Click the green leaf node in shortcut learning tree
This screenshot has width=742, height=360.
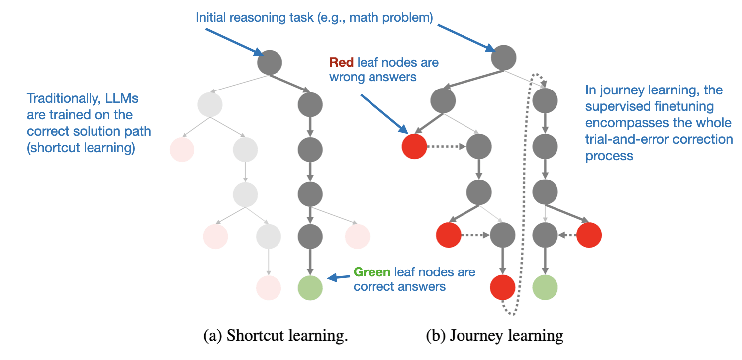click(x=310, y=288)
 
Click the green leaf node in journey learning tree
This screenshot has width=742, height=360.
click(x=545, y=287)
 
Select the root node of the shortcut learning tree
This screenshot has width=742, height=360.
click(x=270, y=62)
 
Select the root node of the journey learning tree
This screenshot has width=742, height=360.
click(x=503, y=58)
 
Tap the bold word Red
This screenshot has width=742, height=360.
click(x=342, y=62)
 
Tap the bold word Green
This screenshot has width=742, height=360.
click(x=372, y=272)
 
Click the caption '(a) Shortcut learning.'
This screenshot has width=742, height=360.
click(x=276, y=335)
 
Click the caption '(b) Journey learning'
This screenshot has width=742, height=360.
click(x=494, y=336)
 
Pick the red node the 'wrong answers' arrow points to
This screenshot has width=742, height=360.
click(x=414, y=146)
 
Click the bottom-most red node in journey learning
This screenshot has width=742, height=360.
click(x=502, y=287)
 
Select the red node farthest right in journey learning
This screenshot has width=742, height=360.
click(x=589, y=235)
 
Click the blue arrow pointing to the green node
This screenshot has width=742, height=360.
click(x=339, y=277)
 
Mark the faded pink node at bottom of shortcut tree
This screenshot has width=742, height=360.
click(x=269, y=288)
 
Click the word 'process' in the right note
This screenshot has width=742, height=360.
click(x=609, y=156)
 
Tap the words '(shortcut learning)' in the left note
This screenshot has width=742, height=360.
click(x=81, y=148)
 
